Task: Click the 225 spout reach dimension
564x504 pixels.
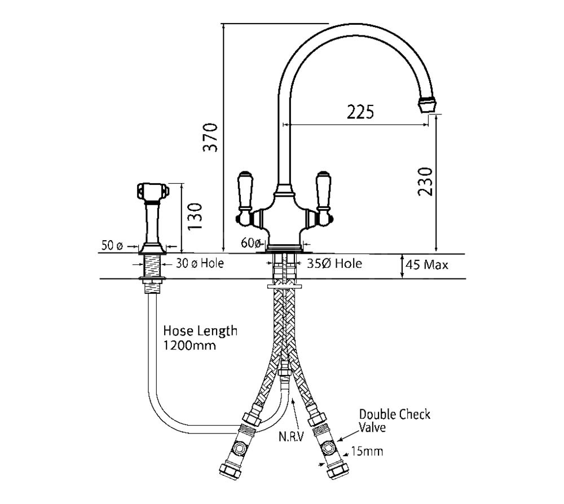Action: [x=360, y=112]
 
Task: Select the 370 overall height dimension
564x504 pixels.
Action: [x=210, y=137]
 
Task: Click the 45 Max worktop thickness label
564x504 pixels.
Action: [x=427, y=264]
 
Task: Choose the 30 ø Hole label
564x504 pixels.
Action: [x=198, y=263]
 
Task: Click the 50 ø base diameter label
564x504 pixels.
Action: [x=112, y=246]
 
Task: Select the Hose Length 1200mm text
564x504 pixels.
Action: [x=200, y=338]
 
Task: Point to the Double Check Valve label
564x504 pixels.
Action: [x=394, y=421]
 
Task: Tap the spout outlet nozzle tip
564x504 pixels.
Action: [x=429, y=104]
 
